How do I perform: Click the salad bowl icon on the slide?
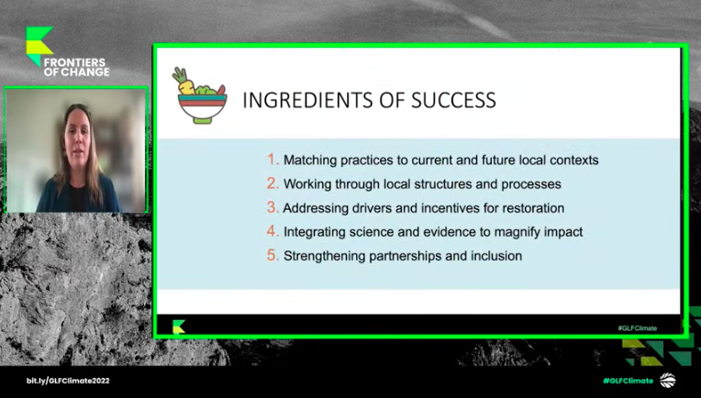(199, 95)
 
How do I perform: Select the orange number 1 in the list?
(273, 160)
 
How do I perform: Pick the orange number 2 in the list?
(273, 183)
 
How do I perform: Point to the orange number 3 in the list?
(273, 207)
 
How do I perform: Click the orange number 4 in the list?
(273, 231)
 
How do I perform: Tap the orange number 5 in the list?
(273, 256)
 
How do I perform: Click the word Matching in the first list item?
(310, 160)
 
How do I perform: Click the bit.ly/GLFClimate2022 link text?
(68, 381)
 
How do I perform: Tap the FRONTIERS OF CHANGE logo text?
(76, 67)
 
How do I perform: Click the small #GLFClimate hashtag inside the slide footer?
(637, 328)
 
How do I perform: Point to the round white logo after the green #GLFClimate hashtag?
(667, 381)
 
